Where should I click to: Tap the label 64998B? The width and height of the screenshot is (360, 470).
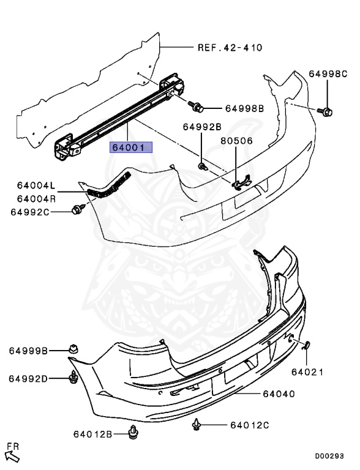[x=244, y=108]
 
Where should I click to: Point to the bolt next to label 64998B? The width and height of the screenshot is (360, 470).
[x=198, y=107]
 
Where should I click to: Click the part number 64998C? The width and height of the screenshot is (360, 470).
[x=328, y=74]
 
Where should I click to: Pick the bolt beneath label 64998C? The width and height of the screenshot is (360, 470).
[x=327, y=111]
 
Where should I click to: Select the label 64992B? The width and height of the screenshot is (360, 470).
[x=201, y=127]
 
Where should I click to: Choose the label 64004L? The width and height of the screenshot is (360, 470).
[x=36, y=186]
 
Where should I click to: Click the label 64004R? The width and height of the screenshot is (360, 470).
[x=36, y=198]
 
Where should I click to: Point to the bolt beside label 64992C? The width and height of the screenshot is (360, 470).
[x=77, y=211]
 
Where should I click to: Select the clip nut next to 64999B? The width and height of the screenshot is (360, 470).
[x=73, y=349]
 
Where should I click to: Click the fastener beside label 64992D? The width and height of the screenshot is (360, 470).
[x=73, y=378]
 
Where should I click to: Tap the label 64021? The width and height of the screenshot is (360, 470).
[x=306, y=371]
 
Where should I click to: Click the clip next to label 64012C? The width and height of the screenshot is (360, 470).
[x=198, y=423]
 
